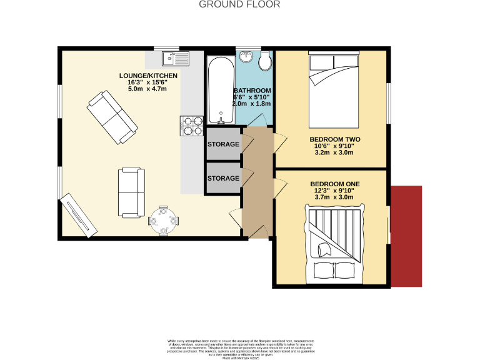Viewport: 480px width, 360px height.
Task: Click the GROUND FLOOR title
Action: (239, 4)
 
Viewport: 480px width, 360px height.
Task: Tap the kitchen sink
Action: (175, 59)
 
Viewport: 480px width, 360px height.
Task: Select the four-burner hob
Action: (192, 126)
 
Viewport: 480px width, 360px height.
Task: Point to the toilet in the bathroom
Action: (264, 61)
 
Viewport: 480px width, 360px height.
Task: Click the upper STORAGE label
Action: (223, 145)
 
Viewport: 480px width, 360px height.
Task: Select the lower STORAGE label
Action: (223, 179)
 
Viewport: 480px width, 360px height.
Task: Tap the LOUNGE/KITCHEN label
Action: (149, 76)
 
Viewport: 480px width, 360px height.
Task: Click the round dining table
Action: (164, 221)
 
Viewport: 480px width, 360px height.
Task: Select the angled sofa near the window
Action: (113, 117)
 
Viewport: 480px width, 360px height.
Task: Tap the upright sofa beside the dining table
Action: (131, 192)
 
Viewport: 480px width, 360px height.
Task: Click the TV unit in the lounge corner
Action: (78, 215)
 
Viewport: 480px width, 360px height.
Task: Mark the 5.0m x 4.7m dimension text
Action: (149, 89)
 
